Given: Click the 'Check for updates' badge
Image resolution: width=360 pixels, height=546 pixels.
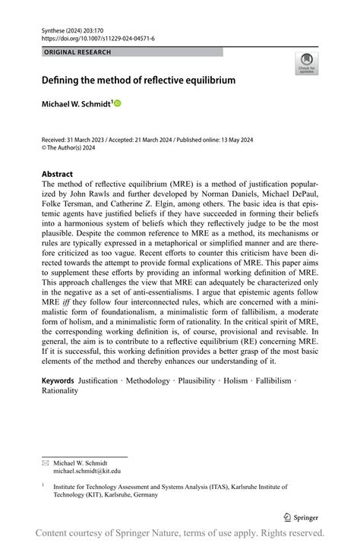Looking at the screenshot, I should (x=306, y=63).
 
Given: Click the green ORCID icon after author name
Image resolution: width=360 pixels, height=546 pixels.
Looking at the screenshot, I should (x=118, y=103).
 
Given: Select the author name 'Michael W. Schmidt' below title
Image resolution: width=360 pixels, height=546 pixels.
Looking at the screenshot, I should (x=76, y=103).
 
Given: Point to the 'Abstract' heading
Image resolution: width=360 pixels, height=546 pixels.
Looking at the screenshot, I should (x=57, y=172).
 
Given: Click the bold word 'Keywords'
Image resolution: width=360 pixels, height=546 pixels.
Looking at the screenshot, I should (x=58, y=380).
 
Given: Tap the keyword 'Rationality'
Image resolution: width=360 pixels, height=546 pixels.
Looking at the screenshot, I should (x=60, y=390).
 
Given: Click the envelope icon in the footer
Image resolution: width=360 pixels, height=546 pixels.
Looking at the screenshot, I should (x=45, y=462).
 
